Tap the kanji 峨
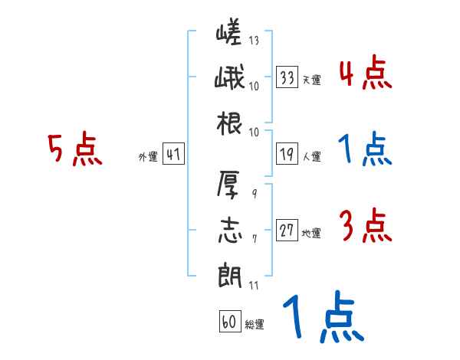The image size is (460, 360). (x=229, y=79)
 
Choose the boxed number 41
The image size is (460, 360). (x=172, y=155)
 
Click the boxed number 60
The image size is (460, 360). (x=229, y=322)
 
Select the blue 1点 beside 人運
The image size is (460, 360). (x=364, y=150)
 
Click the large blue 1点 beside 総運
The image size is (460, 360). (x=322, y=318)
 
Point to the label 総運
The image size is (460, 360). (x=255, y=325)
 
